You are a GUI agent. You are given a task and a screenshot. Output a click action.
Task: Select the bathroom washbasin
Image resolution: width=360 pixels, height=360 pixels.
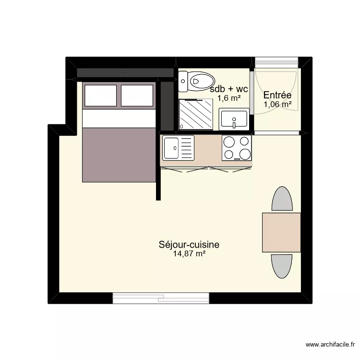[x=234, y=119]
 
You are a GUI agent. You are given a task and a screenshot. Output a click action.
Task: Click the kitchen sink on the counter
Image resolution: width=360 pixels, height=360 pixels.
[x=178, y=148]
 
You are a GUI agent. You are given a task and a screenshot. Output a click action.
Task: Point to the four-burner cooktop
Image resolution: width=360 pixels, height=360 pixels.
[x=237, y=148]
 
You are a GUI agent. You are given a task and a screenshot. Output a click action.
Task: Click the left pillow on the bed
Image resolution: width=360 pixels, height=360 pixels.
[x=101, y=96]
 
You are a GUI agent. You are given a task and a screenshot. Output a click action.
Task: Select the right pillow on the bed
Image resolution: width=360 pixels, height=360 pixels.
[x=137, y=96]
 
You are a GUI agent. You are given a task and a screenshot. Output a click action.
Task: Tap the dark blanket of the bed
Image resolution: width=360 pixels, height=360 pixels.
[x=119, y=155]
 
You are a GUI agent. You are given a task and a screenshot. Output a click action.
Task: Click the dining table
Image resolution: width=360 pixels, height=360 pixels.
[x=281, y=232]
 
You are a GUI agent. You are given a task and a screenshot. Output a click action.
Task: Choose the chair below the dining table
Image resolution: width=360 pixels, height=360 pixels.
[x=282, y=266]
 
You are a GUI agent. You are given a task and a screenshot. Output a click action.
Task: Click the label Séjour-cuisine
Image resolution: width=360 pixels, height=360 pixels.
[x=189, y=245]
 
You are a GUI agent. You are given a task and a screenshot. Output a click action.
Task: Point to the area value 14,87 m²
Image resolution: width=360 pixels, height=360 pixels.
[x=189, y=254]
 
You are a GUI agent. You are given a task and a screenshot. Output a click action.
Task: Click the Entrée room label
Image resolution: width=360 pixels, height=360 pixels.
[x=277, y=95]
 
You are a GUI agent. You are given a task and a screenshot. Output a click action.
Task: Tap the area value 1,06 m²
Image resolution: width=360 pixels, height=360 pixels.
[x=277, y=104]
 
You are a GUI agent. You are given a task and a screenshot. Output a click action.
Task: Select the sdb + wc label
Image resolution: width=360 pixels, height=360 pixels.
[x=229, y=89]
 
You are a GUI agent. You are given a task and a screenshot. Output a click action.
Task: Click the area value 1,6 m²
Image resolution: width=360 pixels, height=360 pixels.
[x=229, y=98]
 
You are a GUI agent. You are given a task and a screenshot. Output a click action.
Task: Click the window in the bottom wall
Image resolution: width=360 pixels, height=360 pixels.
[x=161, y=298]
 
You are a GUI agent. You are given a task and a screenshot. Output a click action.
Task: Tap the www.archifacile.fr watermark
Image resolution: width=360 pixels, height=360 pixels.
[x=331, y=345]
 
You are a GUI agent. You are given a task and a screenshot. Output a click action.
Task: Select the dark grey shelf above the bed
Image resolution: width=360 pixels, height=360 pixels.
[x=125, y=72]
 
